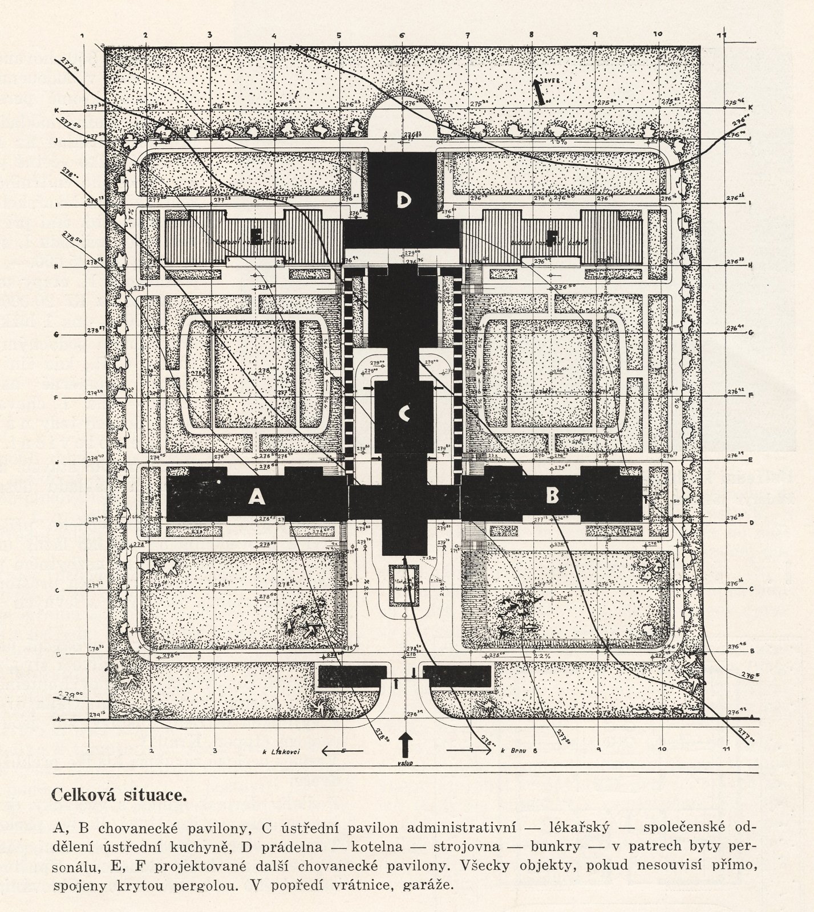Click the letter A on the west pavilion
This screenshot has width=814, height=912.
pos(257,498)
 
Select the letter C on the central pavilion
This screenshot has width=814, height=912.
pos(404,414)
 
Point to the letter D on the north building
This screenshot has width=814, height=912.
pos(404,199)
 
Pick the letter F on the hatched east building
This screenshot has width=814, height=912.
pos(552,235)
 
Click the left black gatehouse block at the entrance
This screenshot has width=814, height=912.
pos(353,677)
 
